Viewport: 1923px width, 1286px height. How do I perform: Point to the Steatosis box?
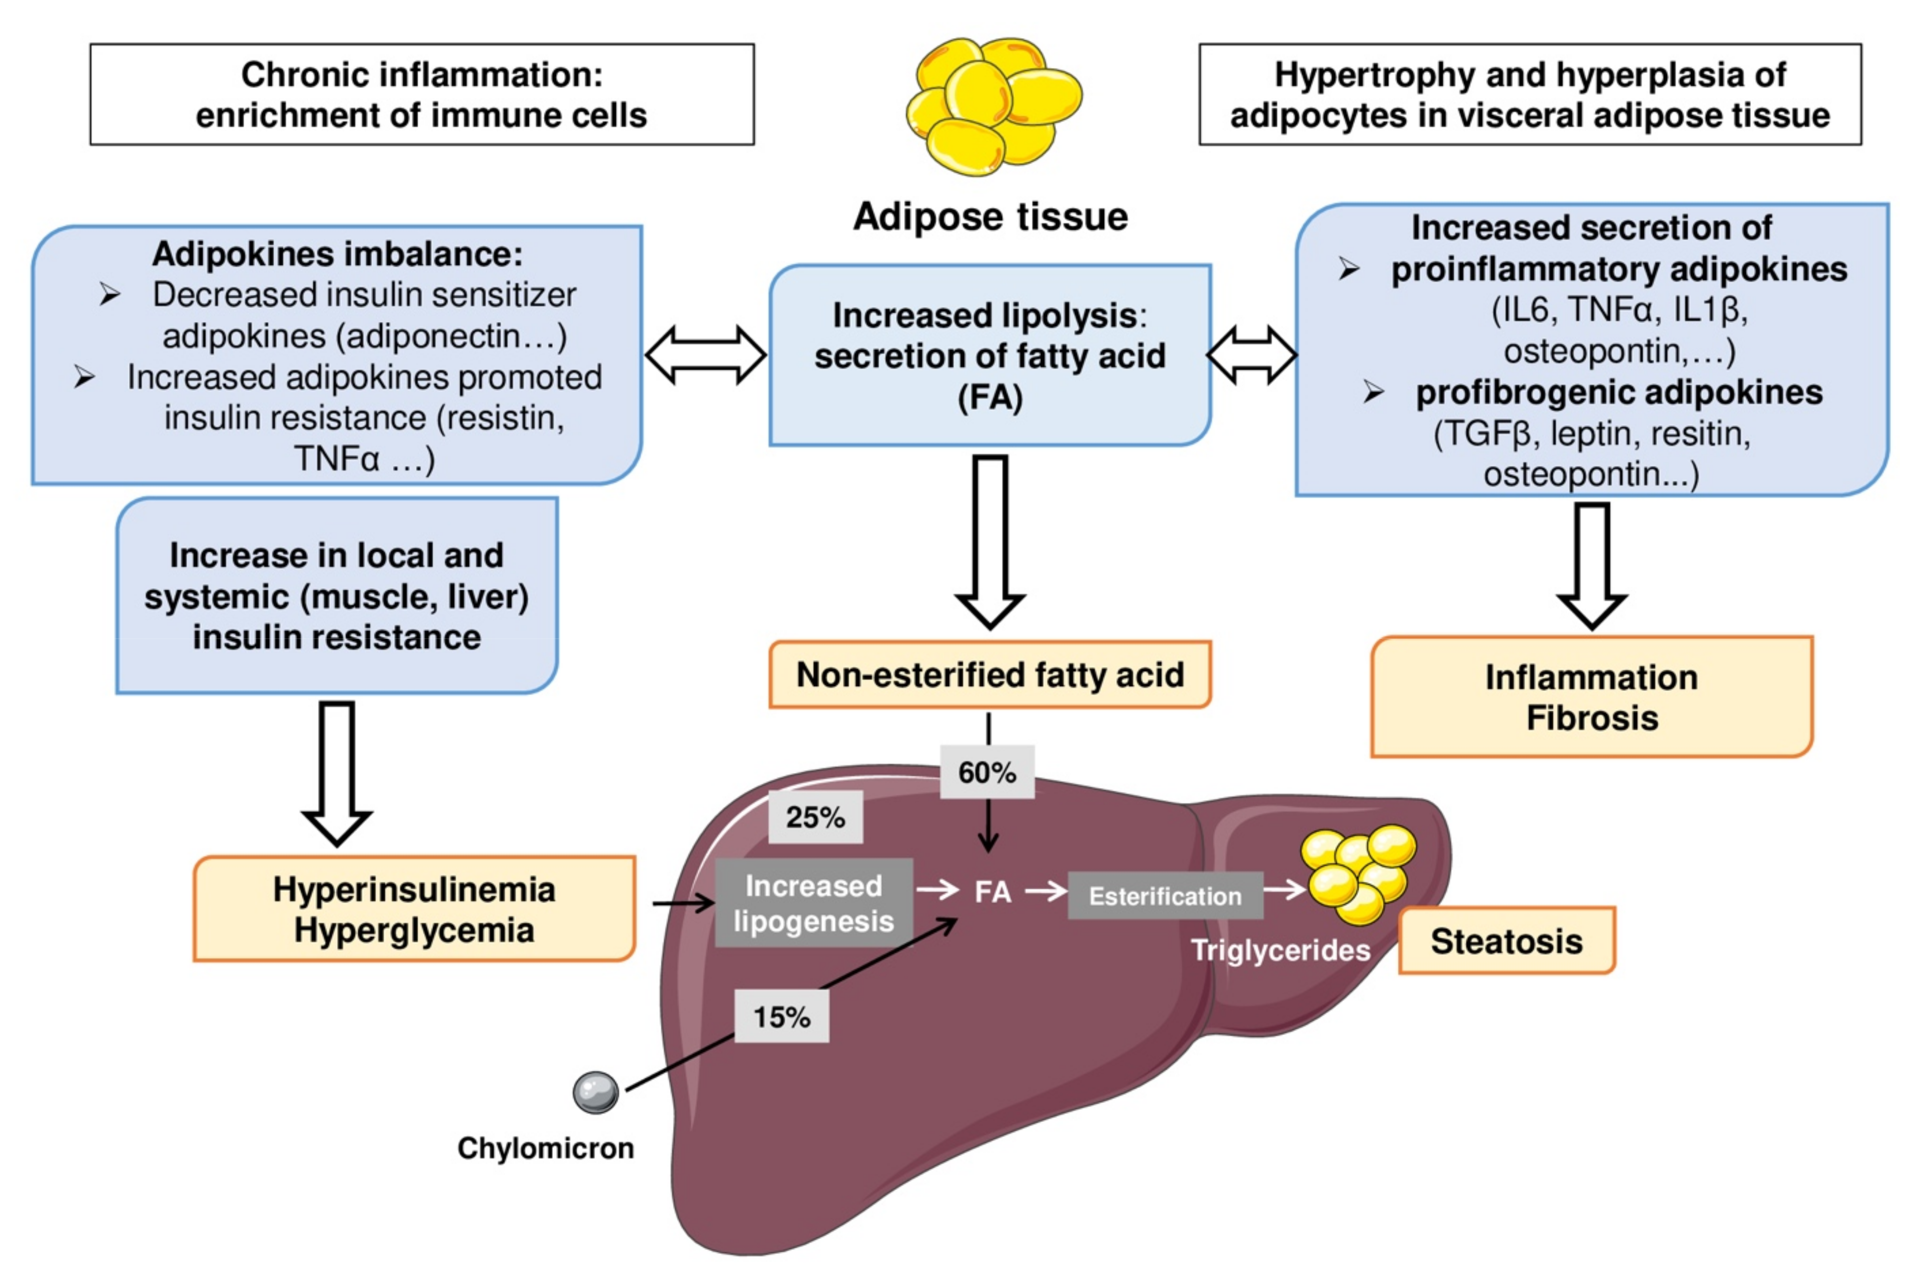[1506, 940]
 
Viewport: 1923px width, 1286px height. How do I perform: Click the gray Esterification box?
[1165, 895]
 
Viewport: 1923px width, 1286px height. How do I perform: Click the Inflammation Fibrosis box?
[1591, 697]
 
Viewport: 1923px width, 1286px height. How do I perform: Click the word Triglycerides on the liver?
[1280, 949]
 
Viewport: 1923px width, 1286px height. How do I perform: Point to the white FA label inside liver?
[992, 891]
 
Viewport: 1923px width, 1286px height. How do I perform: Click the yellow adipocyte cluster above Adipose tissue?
[993, 105]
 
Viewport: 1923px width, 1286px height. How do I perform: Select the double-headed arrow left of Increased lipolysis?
[705, 355]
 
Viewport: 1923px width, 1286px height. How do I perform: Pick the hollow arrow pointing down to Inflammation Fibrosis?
[1591, 566]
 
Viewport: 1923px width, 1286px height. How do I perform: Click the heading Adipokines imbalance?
[337, 253]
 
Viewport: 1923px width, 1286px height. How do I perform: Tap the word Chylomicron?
[546, 1148]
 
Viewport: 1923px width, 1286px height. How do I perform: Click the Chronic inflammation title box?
[422, 94]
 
